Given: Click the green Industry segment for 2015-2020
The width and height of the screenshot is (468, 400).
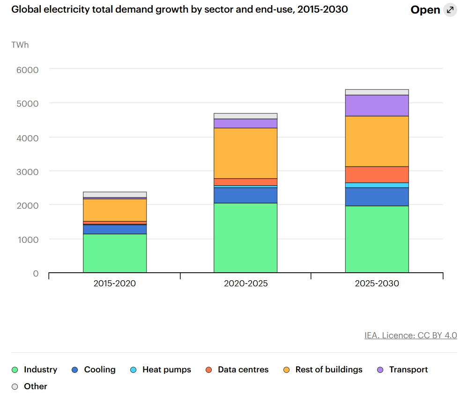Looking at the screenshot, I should [x=115, y=253].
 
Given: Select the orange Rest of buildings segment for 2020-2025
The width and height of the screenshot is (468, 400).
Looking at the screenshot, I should [x=245, y=153].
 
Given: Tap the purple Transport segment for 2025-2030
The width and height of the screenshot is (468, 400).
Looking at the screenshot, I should [x=377, y=105].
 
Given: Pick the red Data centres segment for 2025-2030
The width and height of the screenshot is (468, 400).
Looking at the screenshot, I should [x=377, y=175].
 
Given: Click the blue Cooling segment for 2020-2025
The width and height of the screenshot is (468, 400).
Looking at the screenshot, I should [x=245, y=195].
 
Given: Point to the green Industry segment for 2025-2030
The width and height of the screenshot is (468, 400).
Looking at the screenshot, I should [x=377, y=239].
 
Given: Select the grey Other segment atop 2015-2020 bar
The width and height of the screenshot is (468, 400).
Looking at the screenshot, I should [x=115, y=195].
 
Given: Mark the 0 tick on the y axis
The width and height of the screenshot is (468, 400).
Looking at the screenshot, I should [x=36, y=273].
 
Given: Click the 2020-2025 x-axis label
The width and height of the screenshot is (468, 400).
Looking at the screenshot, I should [x=245, y=284].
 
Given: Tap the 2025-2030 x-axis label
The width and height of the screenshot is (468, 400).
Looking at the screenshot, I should [x=377, y=284].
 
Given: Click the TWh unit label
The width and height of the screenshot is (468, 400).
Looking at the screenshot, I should [x=20, y=45].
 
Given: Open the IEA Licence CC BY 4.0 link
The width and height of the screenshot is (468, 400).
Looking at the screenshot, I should [x=410, y=335].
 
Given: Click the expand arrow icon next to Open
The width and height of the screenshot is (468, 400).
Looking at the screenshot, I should [x=450, y=10].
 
